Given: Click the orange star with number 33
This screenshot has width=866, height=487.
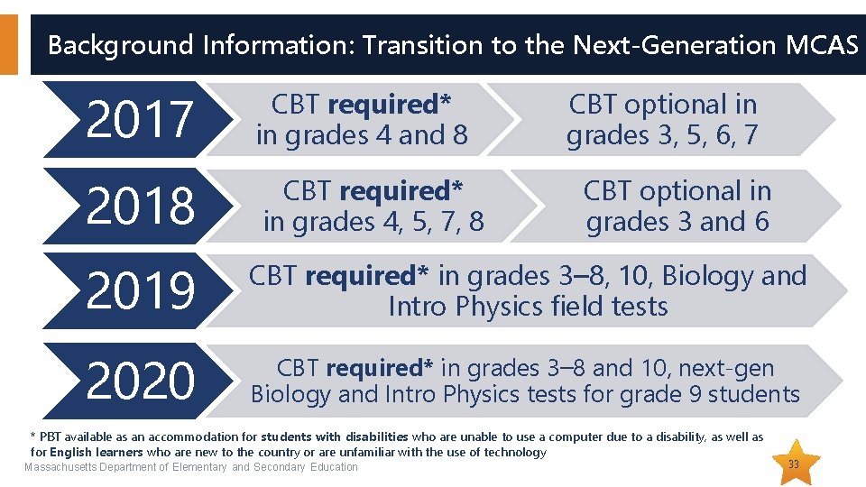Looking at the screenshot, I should point(794,464).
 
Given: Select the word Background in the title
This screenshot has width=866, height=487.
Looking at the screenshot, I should point(120,44).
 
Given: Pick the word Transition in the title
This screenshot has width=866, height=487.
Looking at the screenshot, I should point(413,44).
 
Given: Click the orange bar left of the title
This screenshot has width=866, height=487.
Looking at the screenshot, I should point(8,44).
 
